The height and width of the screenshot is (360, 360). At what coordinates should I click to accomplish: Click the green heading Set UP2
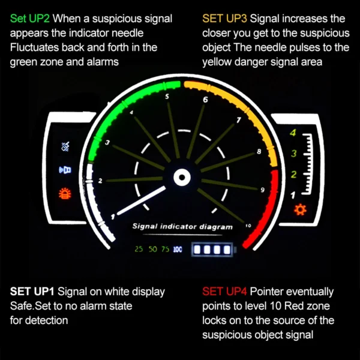30,19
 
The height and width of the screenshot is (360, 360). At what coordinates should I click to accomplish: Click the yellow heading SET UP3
224,19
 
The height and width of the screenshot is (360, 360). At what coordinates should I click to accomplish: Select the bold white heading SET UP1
32,292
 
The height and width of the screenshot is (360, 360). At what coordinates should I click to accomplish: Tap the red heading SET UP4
224,292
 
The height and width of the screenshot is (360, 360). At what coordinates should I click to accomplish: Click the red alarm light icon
65,194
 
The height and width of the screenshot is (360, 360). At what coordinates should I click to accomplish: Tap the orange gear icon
301,209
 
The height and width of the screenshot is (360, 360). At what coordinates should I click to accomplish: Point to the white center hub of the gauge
182,177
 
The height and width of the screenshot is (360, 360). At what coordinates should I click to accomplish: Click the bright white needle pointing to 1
141,200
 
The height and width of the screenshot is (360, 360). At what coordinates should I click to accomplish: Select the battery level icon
214,250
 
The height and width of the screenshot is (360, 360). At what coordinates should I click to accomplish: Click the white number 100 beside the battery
178,250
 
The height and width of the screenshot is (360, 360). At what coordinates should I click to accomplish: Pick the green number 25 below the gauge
139,249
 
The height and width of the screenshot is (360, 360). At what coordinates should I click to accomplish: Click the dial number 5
167,97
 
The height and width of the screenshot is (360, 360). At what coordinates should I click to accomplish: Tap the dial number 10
248,226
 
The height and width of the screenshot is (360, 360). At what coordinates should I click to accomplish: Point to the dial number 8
259,152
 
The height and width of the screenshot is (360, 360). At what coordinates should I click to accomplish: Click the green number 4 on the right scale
293,133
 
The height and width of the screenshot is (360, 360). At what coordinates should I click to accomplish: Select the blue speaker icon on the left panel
65,170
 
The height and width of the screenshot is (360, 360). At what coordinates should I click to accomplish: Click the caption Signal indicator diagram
182,227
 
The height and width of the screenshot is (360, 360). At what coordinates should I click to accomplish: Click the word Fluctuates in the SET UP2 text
34,47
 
